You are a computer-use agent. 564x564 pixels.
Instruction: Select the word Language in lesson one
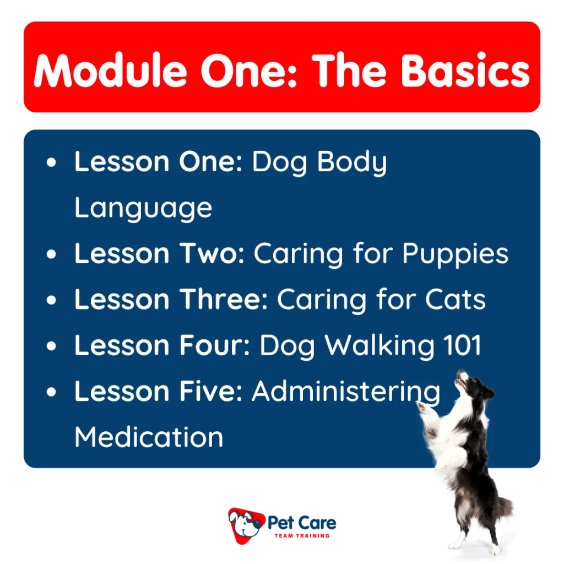pyautogui.click(x=143, y=208)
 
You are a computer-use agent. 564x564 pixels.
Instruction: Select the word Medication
pyautogui.click(x=149, y=437)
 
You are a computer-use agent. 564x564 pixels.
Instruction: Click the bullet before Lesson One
pyautogui.click(x=52, y=163)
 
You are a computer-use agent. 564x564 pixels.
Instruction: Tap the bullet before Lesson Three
pyautogui.click(x=52, y=300)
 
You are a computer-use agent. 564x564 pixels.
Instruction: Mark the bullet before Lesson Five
pyautogui.click(x=52, y=392)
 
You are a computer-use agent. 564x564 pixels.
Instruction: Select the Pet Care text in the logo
pyautogui.click(x=302, y=522)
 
